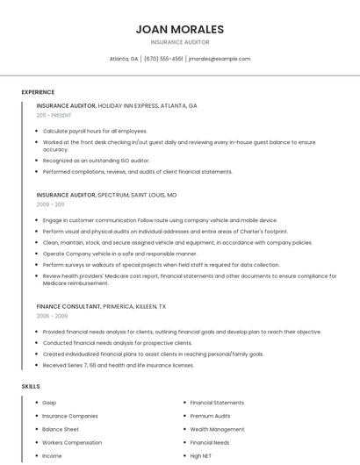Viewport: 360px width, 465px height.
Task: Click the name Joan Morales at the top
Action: point(180,29)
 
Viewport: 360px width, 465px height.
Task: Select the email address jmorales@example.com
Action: point(220,59)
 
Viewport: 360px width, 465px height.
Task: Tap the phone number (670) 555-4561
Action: point(163,59)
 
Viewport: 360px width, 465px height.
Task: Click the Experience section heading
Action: point(38,92)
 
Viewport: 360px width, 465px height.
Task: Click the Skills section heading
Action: point(31,386)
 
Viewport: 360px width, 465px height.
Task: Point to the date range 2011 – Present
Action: point(54,115)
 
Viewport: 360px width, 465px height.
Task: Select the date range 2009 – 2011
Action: point(50,204)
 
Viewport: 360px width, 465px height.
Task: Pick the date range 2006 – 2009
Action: point(52,316)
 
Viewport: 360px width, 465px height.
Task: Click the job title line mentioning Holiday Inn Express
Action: point(117,105)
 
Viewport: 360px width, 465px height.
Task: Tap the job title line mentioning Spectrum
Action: point(106,195)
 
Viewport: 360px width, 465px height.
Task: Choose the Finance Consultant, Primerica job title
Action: point(101,306)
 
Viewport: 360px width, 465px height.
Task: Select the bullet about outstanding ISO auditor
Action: point(96,161)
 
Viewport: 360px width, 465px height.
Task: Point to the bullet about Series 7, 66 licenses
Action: point(118,365)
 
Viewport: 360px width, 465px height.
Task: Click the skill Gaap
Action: point(49,403)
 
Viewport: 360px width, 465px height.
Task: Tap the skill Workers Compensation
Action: point(71,443)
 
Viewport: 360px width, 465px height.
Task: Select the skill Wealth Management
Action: point(217,430)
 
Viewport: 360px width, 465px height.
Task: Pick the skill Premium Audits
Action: point(210,416)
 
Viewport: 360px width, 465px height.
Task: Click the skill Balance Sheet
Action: point(61,430)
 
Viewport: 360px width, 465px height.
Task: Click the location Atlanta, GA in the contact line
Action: point(124,59)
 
